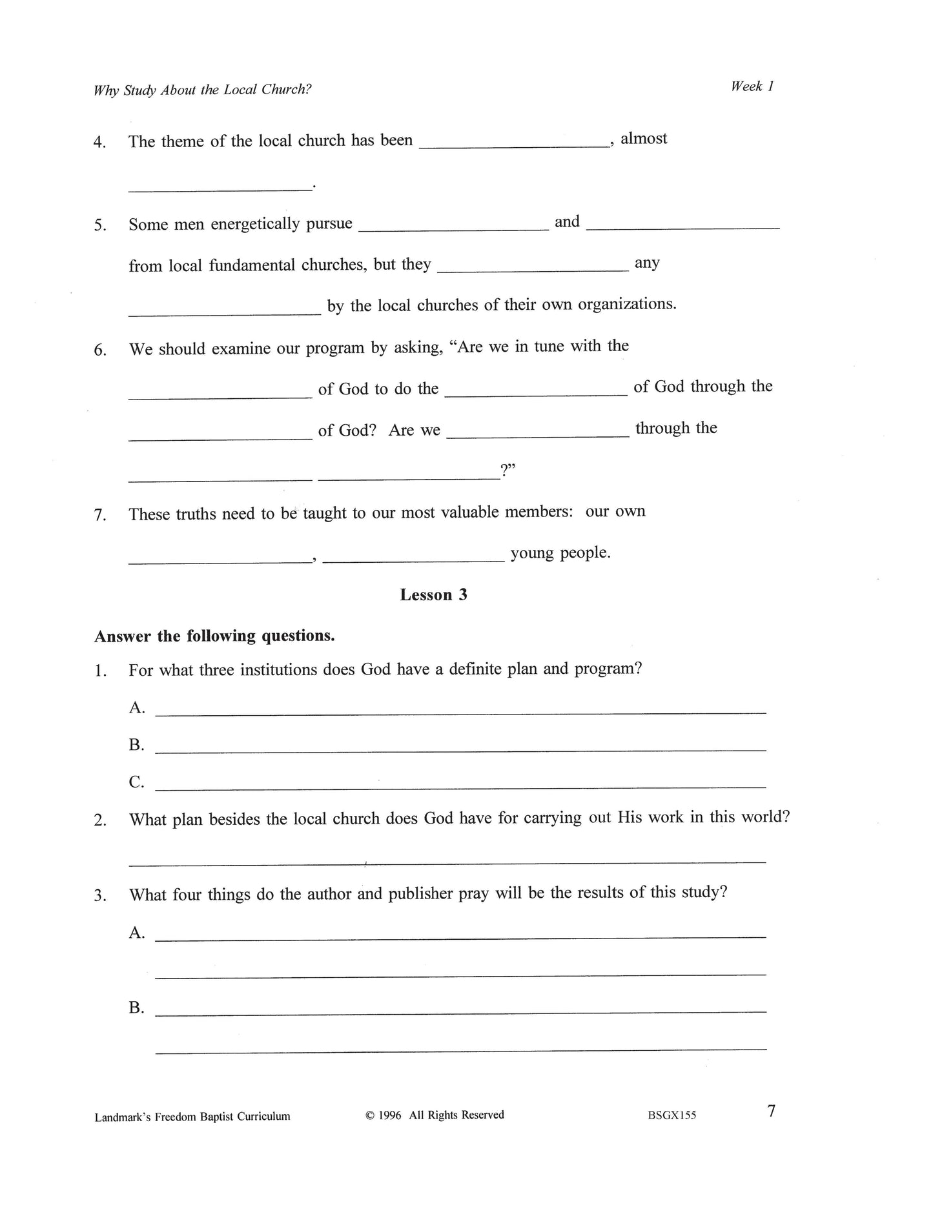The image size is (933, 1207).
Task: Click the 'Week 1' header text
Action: (x=752, y=86)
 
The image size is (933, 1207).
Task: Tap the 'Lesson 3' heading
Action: (x=433, y=594)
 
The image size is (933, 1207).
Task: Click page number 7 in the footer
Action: (x=771, y=1111)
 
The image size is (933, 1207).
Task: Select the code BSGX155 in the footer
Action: (x=672, y=1115)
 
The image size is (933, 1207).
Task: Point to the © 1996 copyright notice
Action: (x=435, y=1115)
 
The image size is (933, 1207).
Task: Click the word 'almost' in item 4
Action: (x=644, y=139)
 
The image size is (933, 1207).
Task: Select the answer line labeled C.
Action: (x=460, y=786)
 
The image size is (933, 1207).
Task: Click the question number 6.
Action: (x=100, y=350)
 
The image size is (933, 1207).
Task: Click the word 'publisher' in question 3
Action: (x=420, y=894)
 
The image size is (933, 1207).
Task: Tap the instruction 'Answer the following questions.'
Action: (x=214, y=636)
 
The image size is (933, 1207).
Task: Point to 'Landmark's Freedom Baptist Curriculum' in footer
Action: (x=192, y=1116)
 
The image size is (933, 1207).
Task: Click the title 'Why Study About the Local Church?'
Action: (x=203, y=90)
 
